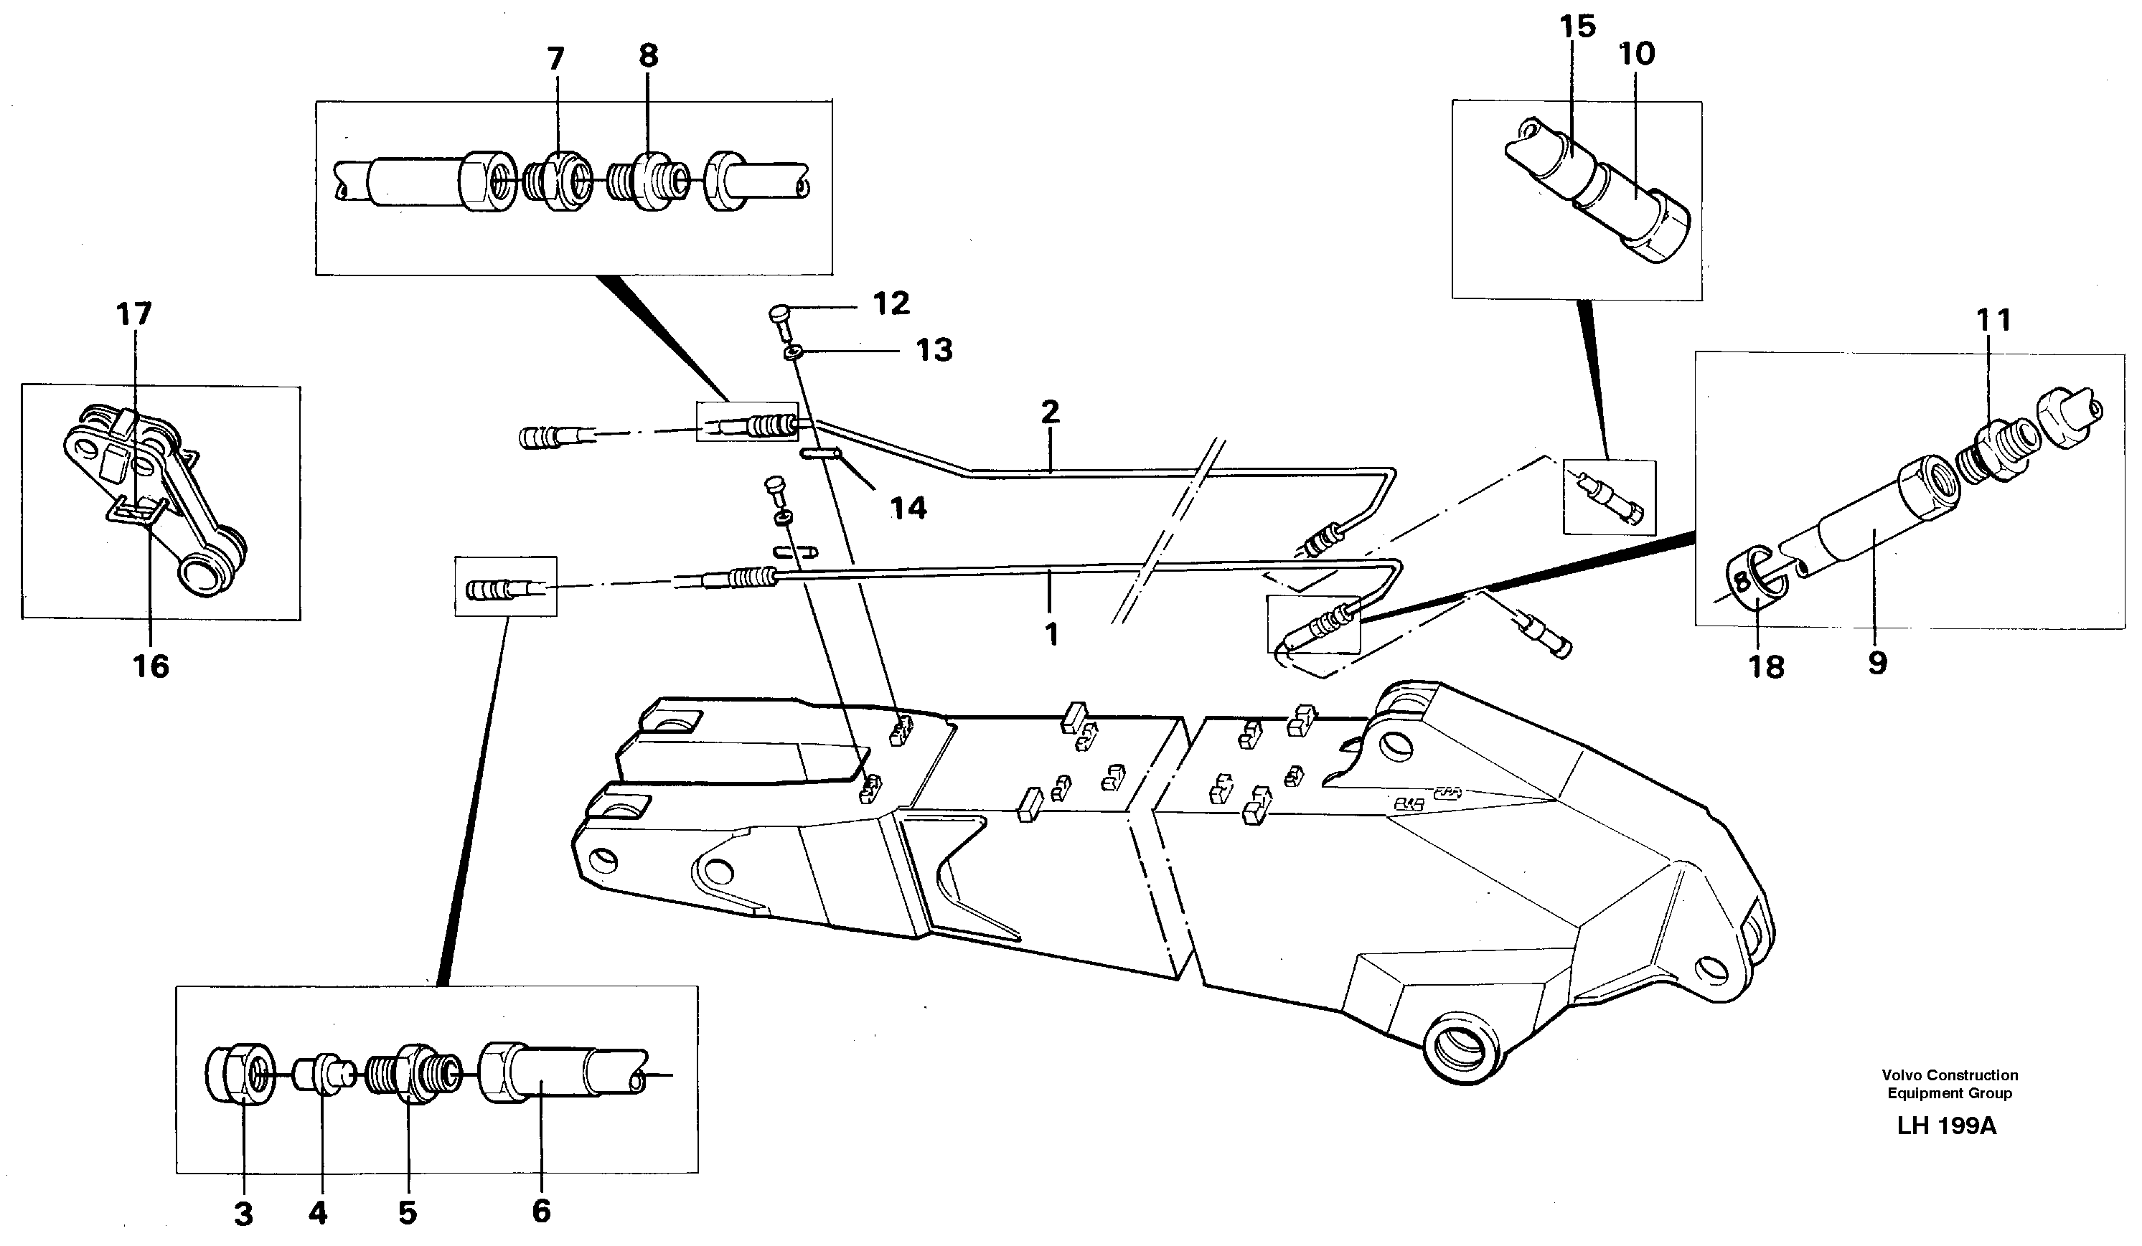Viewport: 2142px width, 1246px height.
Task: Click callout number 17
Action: [134, 314]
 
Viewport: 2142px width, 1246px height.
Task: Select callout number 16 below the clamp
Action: [151, 666]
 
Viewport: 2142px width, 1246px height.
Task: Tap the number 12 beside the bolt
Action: [891, 303]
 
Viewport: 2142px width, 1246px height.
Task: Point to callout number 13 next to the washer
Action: [934, 349]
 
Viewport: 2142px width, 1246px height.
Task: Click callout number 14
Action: [908, 509]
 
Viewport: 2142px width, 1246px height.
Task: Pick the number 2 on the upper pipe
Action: [1050, 412]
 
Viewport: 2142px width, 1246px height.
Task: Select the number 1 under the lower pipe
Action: [1051, 634]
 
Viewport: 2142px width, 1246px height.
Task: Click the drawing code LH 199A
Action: [1948, 1126]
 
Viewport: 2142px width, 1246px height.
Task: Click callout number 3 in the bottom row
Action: [243, 1214]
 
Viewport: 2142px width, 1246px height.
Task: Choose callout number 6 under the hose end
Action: [542, 1210]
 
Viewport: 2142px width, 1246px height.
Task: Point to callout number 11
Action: [1993, 321]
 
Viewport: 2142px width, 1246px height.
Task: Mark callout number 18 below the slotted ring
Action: [1766, 667]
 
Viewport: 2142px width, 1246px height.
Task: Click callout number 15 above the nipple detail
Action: [1577, 27]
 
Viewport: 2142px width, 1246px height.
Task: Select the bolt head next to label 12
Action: [779, 316]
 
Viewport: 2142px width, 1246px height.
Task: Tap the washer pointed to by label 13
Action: [791, 352]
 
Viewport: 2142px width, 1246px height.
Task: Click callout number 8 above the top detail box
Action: [648, 56]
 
